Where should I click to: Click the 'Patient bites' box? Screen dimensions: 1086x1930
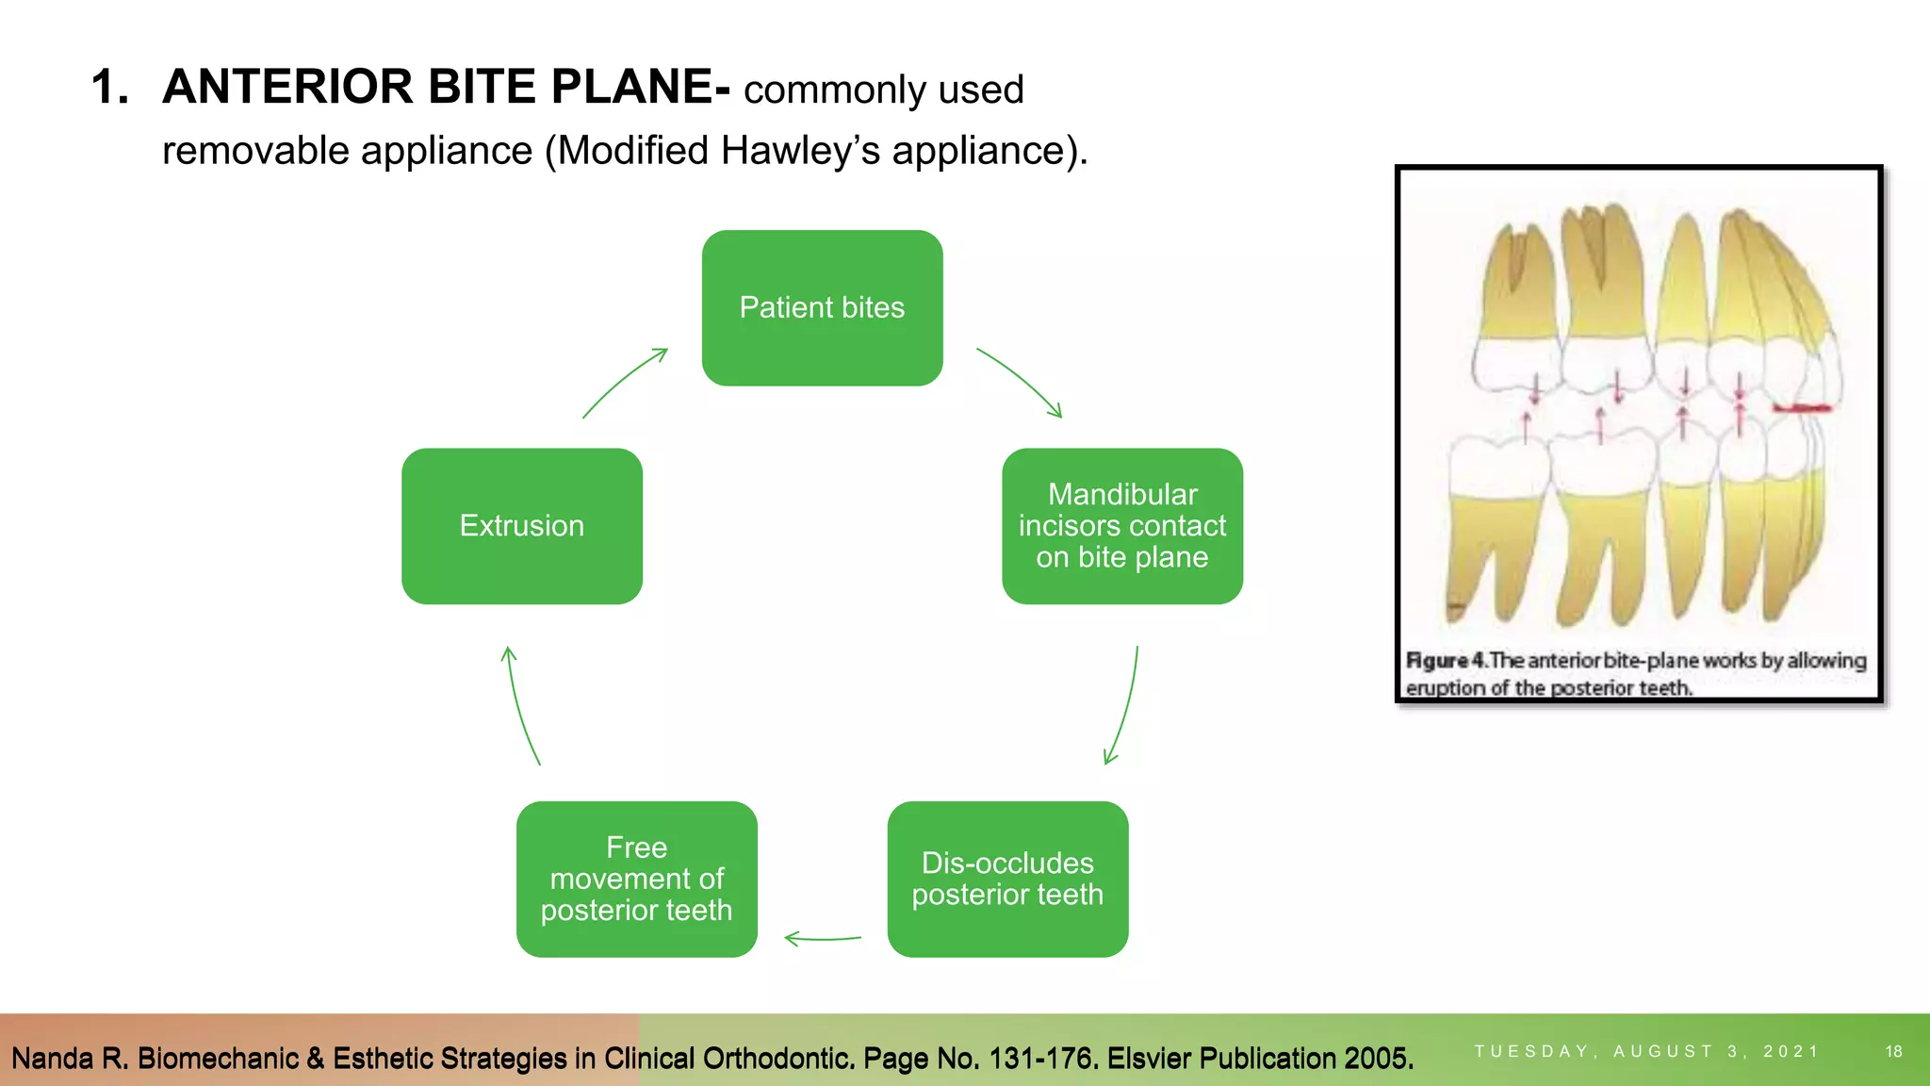pyautogui.click(x=822, y=308)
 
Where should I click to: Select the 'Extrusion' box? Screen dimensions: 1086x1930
pyautogui.click(x=522, y=526)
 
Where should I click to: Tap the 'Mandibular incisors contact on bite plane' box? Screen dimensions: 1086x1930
pyautogui.click(x=1121, y=526)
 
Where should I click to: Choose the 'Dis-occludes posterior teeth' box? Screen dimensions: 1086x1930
pyautogui.click(x=1007, y=879)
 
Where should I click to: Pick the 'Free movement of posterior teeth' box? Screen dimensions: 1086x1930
pyautogui.click(x=637, y=879)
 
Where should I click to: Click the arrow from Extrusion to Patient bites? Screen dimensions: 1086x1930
pyautogui.click(x=623, y=381)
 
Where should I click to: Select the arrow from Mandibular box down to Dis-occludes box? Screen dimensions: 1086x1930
pyautogui.click(x=1124, y=707)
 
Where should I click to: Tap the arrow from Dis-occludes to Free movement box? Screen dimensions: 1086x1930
pyautogui.click(x=822, y=938)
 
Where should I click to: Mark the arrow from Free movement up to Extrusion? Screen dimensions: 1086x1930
pyautogui.click(x=520, y=707)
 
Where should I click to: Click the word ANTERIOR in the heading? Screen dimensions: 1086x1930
pyautogui.click(x=288, y=87)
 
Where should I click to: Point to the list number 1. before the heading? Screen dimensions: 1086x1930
pyautogui.click(x=109, y=87)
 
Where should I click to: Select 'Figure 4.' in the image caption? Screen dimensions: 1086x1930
pyautogui.click(x=1447, y=661)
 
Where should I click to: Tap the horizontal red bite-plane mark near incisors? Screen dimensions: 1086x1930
pyautogui.click(x=1801, y=408)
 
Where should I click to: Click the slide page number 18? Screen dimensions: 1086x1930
pyautogui.click(x=1893, y=1051)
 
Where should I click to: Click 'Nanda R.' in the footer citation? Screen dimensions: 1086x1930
pyautogui.click(x=70, y=1059)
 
